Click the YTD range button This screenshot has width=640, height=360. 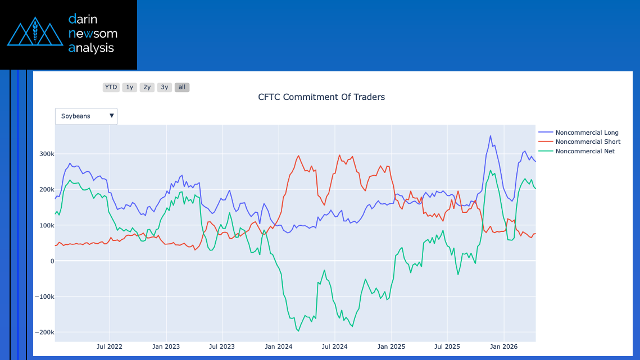click(x=111, y=87)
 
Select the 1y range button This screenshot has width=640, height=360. click(x=129, y=87)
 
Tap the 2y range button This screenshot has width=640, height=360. click(x=147, y=87)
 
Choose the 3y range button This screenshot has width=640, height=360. click(x=164, y=87)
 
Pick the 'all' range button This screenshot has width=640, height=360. click(x=181, y=87)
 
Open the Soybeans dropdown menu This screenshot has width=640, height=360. click(x=87, y=116)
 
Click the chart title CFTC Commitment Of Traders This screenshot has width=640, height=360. click(x=321, y=97)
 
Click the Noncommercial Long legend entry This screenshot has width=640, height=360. click(x=587, y=133)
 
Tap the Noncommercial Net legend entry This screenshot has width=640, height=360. click(x=584, y=151)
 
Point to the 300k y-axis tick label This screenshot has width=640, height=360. click(x=46, y=154)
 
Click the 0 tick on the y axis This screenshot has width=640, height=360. click(x=52, y=261)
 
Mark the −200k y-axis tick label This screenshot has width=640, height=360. click(x=44, y=332)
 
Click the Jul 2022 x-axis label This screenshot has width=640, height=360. click(x=110, y=347)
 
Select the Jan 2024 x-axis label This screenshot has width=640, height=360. click(x=278, y=347)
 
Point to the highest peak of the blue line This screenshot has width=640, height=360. click(x=490, y=136)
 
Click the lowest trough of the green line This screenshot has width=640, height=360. click(x=298, y=331)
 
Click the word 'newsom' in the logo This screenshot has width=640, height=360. click(x=93, y=33)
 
